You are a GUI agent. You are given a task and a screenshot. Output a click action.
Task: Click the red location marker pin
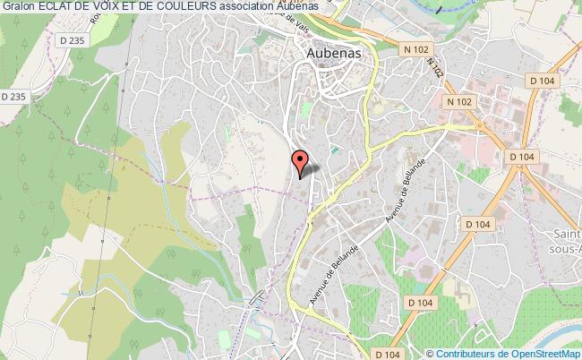(x=301, y=162)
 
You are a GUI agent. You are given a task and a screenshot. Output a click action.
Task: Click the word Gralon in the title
(x=20, y=8)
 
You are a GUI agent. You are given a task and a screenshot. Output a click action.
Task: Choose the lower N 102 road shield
(x=460, y=102)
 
